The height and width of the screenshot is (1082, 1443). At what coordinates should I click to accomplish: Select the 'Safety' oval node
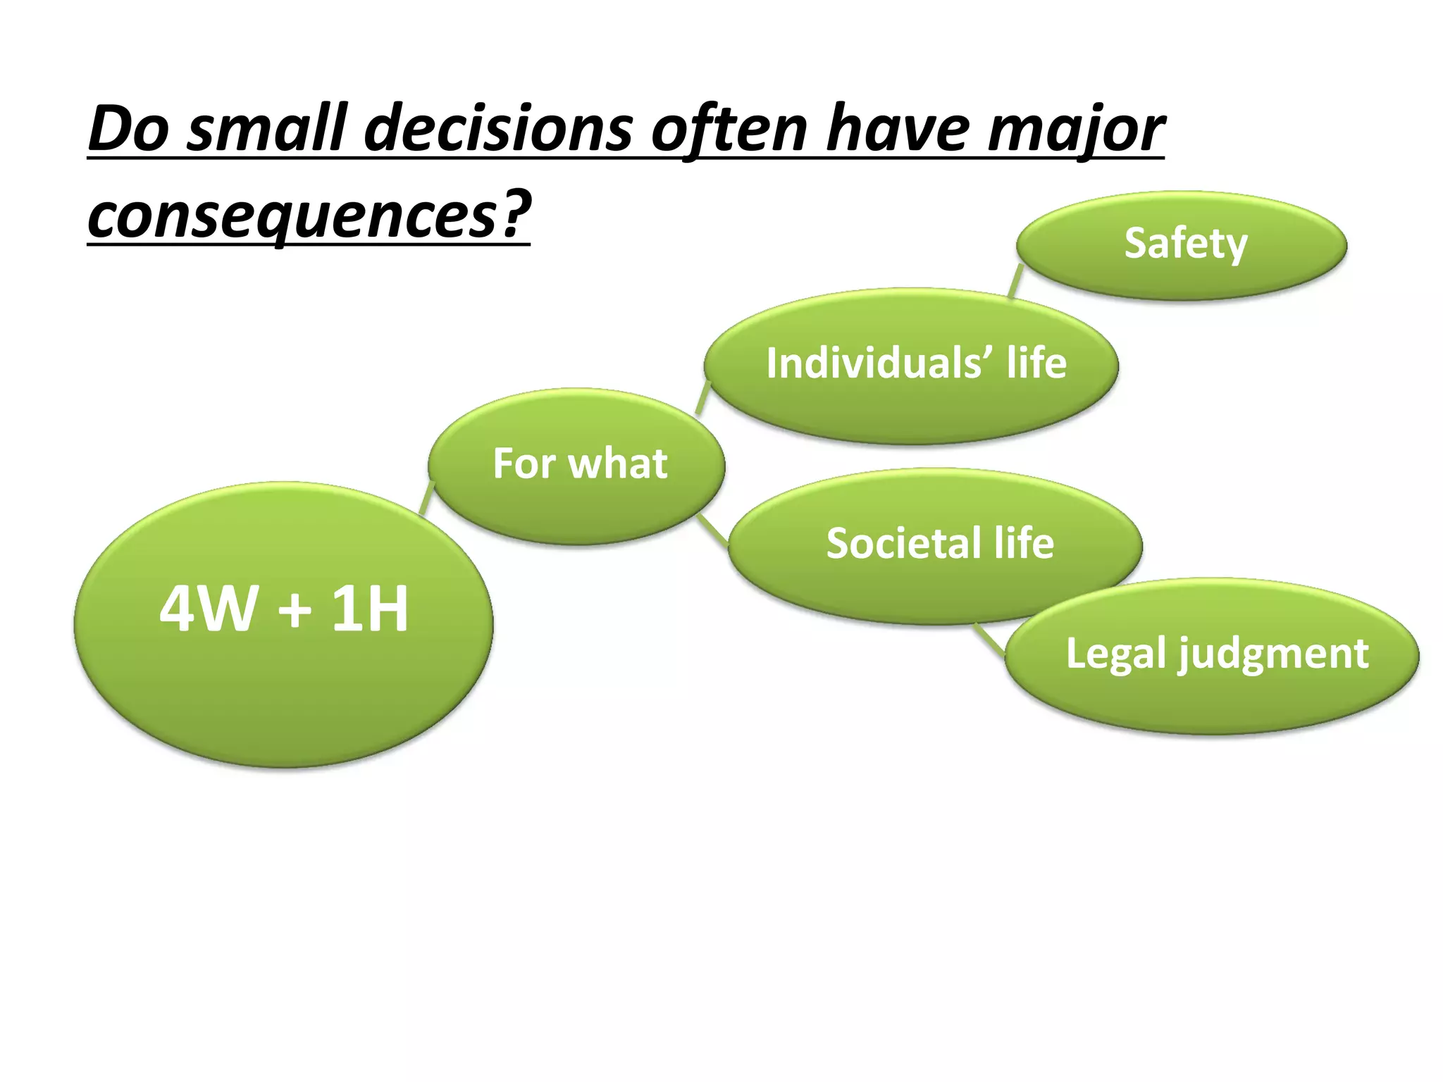[x=1182, y=244]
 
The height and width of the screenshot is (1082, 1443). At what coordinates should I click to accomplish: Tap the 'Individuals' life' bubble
[x=912, y=365]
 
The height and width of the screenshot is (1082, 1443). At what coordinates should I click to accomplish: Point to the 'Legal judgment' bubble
[x=1212, y=655]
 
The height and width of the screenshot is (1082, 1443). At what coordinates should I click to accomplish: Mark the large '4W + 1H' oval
[x=283, y=623]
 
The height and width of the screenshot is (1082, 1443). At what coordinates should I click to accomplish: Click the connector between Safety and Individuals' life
[x=1015, y=280]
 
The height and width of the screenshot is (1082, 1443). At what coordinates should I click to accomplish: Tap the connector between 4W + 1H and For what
[x=426, y=499]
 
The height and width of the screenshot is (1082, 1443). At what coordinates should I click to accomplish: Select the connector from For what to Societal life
[x=713, y=529]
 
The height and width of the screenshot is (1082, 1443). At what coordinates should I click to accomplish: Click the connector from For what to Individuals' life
[x=702, y=398]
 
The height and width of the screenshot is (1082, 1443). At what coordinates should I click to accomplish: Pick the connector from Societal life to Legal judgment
[x=991, y=640]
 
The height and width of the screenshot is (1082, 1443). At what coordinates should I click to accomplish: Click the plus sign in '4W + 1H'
[x=295, y=610]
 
